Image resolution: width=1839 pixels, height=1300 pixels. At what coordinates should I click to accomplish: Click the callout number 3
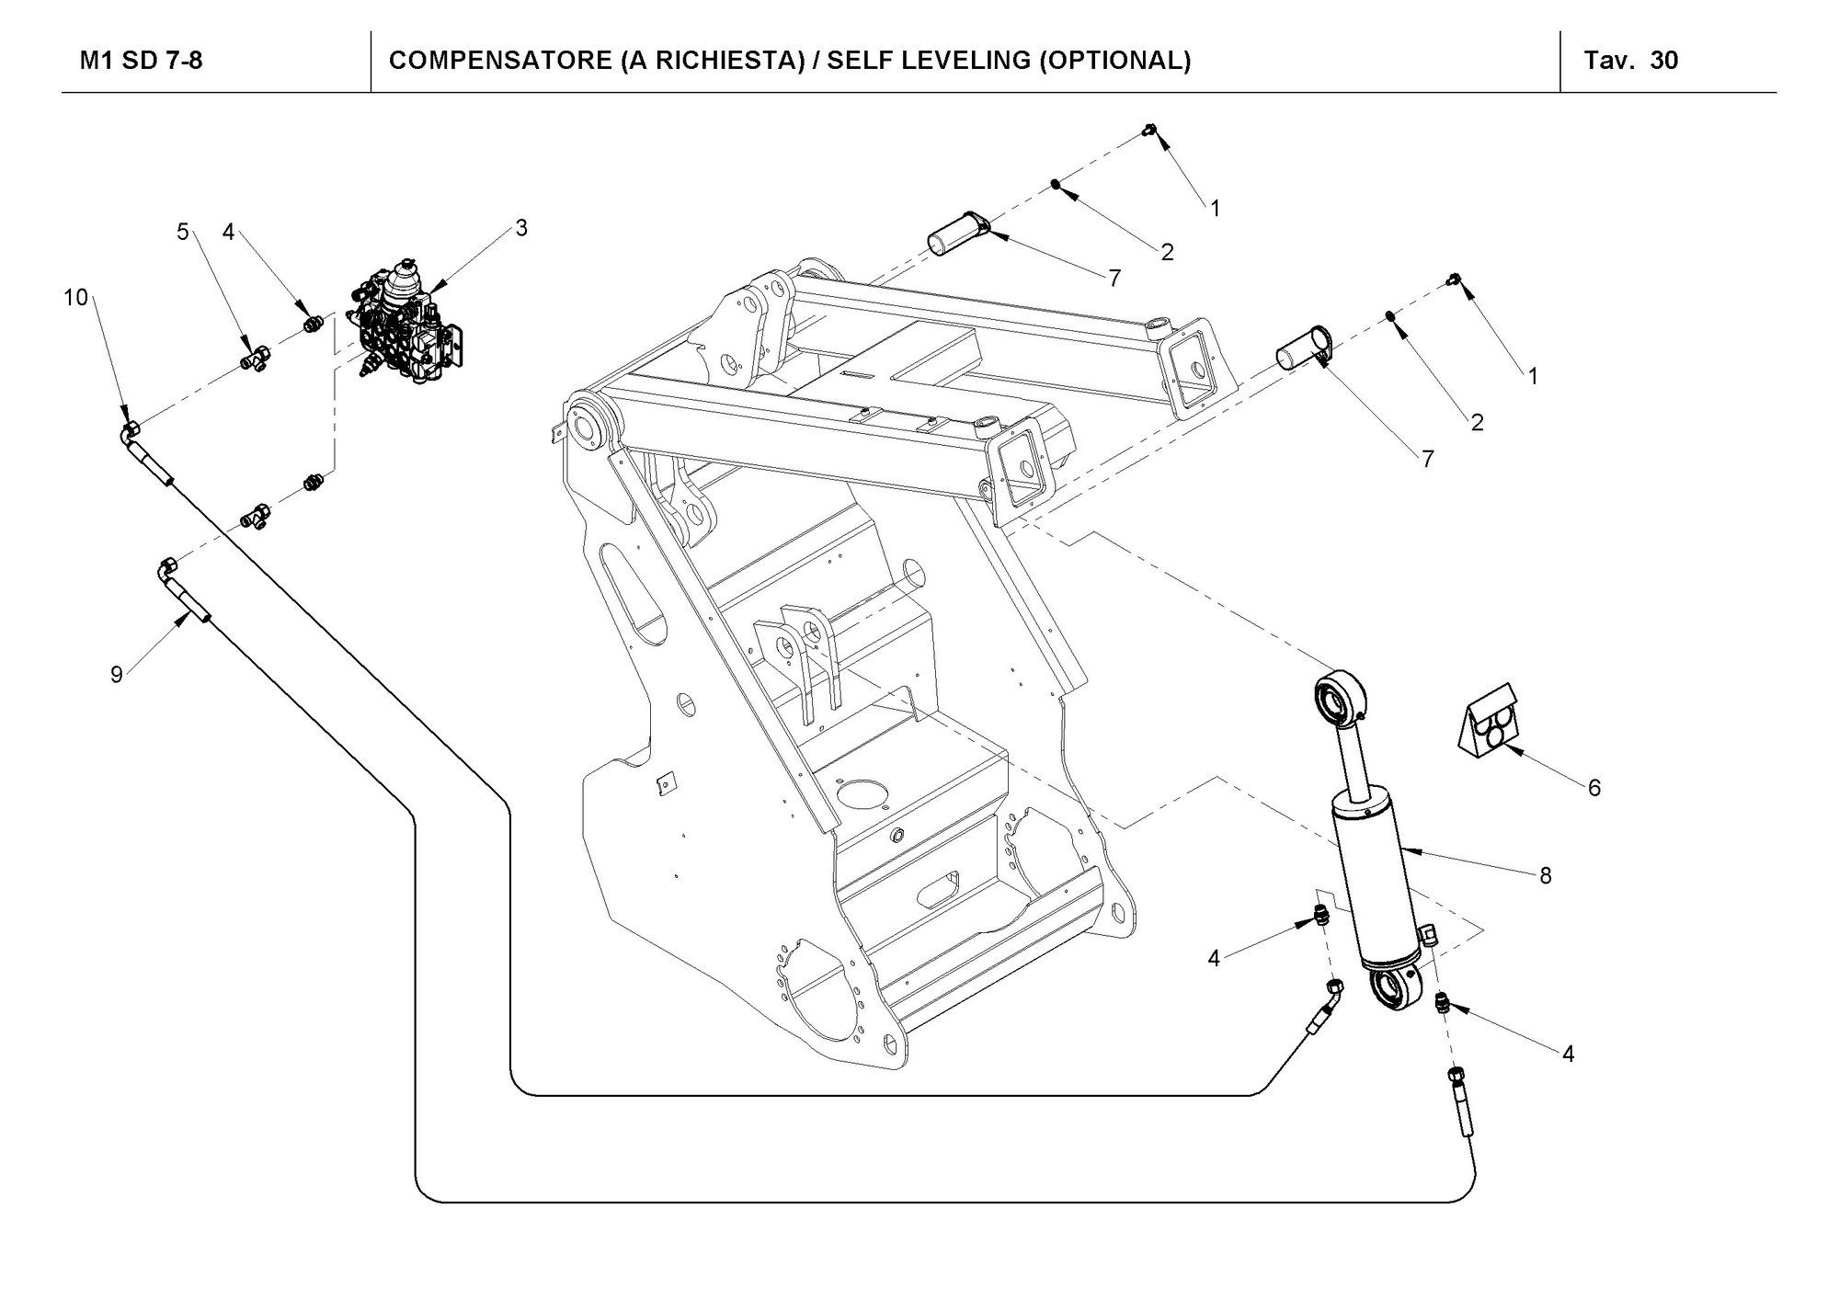pyautogui.click(x=521, y=228)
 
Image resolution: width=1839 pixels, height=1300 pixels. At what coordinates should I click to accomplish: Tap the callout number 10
pyautogui.click(x=75, y=297)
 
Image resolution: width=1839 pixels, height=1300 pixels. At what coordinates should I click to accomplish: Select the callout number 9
pyautogui.click(x=117, y=675)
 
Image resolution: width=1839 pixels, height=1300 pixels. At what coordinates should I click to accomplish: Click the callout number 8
pyautogui.click(x=1546, y=876)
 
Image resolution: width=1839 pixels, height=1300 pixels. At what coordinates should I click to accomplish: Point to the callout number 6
pyautogui.click(x=1594, y=787)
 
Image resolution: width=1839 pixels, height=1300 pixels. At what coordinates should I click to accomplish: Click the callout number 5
pyautogui.click(x=183, y=232)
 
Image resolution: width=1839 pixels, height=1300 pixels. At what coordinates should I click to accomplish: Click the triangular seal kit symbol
pyautogui.click(x=1490, y=723)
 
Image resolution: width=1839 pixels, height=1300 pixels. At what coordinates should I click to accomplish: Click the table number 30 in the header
pyautogui.click(x=1664, y=61)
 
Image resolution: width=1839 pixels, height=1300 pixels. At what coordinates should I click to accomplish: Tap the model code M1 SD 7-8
pyautogui.click(x=142, y=61)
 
